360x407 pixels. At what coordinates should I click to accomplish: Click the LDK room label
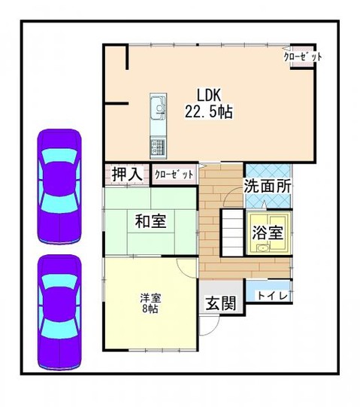click(x=209, y=96)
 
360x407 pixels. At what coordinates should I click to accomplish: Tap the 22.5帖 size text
click(x=208, y=111)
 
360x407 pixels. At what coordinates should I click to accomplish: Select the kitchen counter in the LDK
click(x=158, y=123)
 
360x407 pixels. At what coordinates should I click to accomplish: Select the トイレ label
click(x=273, y=296)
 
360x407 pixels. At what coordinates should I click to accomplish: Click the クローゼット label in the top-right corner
click(x=302, y=56)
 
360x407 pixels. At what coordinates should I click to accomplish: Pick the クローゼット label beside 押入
click(x=174, y=174)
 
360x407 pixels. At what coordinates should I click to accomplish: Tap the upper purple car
click(x=59, y=186)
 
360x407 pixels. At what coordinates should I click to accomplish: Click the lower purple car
click(x=59, y=311)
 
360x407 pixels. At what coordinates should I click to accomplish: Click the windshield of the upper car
click(x=59, y=160)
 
